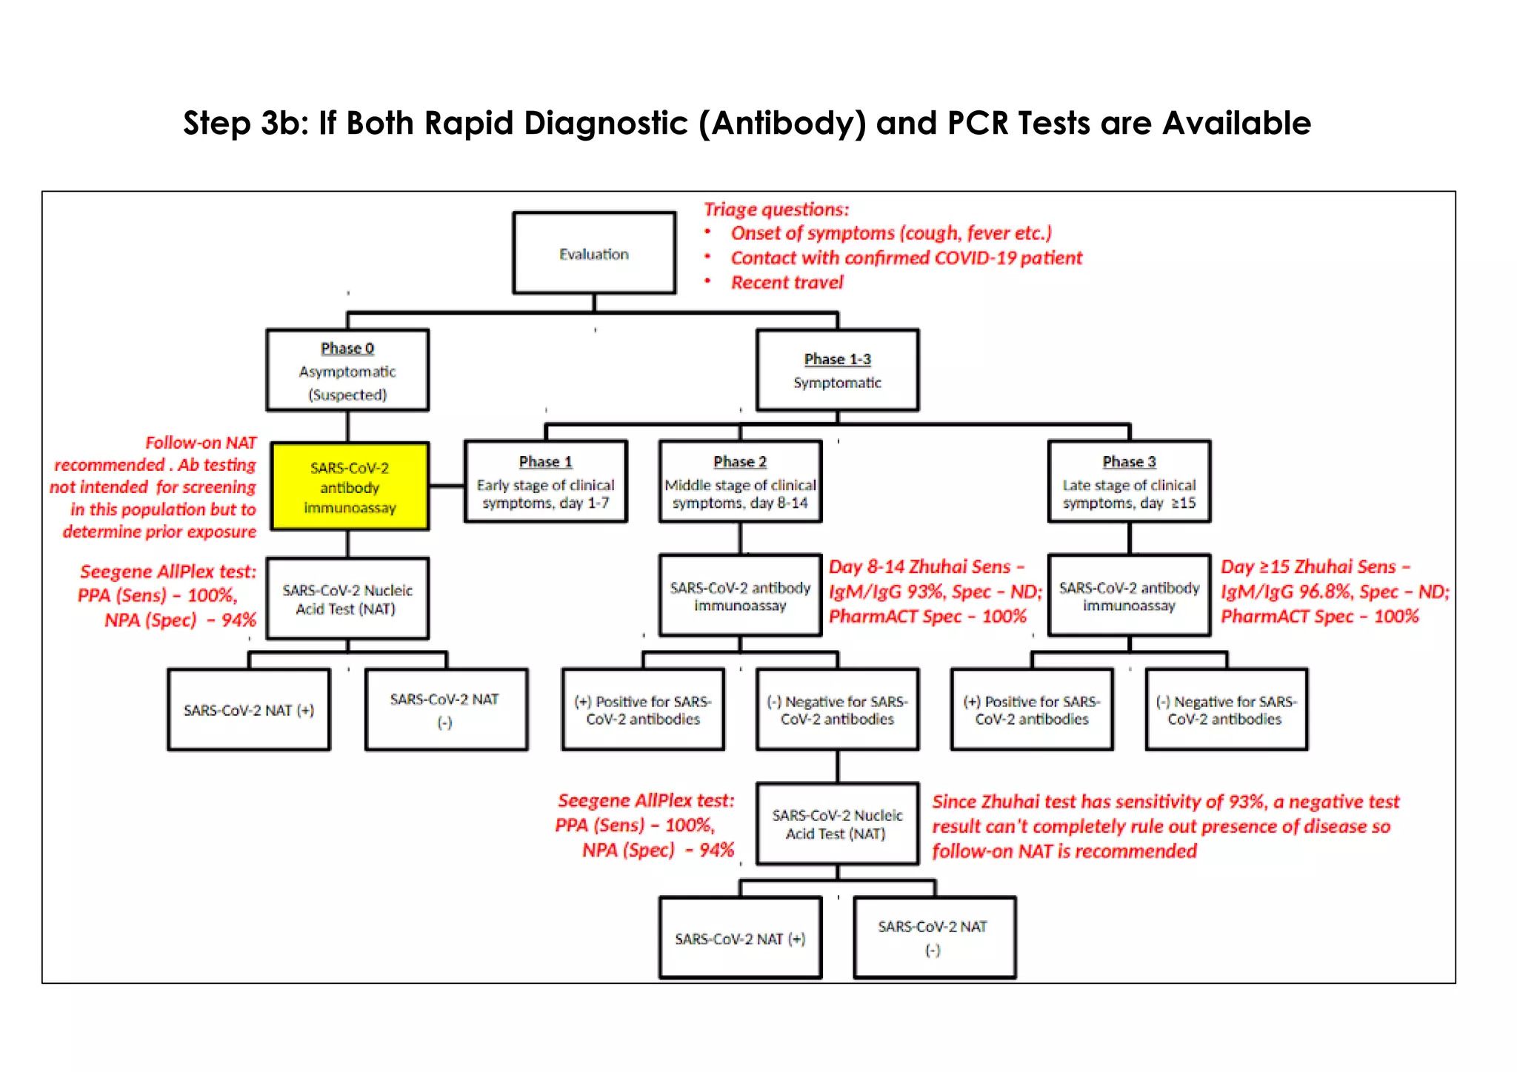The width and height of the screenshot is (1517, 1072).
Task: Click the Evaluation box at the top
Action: click(x=594, y=253)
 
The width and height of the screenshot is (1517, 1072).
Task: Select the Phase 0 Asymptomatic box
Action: click(x=347, y=370)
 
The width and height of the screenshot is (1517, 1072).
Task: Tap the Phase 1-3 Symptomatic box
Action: click(x=837, y=370)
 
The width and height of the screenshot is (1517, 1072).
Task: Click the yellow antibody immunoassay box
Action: click(x=350, y=486)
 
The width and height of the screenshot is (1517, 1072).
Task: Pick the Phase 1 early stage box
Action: click(x=545, y=482)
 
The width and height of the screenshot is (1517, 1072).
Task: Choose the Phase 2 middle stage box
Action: click(x=740, y=482)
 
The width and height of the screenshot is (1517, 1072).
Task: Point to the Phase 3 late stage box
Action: click(x=1129, y=482)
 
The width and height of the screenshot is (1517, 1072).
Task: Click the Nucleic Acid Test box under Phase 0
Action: click(x=347, y=599)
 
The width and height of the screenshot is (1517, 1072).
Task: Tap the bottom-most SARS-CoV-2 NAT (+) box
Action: click(x=740, y=938)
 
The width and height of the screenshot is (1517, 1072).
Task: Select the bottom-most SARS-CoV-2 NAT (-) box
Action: click(x=934, y=938)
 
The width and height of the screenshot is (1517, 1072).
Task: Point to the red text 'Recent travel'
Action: click(x=787, y=283)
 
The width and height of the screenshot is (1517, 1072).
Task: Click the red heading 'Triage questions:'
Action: click(x=776, y=210)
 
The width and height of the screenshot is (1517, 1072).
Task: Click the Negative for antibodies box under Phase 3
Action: click(x=1226, y=710)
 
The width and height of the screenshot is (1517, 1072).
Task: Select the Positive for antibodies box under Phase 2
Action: click(x=643, y=710)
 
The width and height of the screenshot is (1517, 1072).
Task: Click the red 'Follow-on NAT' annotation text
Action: click(x=200, y=443)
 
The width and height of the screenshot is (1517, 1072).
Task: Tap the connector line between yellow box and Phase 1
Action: click(x=447, y=486)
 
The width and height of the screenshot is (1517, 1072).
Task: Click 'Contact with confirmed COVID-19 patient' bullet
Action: click(x=906, y=258)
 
